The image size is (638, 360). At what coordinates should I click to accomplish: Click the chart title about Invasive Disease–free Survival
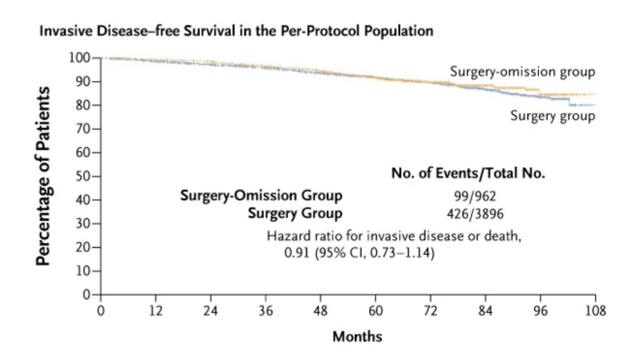click(236, 31)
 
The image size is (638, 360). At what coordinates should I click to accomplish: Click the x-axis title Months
click(357, 337)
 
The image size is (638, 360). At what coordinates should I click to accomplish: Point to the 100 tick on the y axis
click(81, 58)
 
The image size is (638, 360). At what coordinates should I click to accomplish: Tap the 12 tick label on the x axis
click(155, 311)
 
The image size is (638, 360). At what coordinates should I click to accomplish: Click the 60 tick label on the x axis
click(376, 311)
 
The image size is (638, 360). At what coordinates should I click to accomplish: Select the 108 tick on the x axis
click(594, 311)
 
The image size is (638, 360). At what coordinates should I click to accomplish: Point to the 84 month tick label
click(486, 311)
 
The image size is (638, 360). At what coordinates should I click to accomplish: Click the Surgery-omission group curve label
click(522, 72)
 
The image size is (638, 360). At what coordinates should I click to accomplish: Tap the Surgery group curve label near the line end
click(553, 116)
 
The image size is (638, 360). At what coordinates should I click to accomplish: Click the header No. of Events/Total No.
click(468, 174)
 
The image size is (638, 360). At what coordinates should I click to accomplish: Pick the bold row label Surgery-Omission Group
click(261, 196)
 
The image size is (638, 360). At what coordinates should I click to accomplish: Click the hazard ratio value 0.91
click(297, 255)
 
